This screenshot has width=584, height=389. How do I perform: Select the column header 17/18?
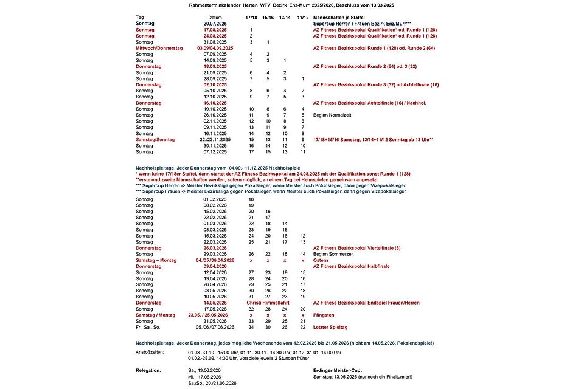pos(251,17)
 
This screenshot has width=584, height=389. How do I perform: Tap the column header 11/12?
pos(302,17)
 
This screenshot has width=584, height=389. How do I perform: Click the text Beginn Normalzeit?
pos(332,115)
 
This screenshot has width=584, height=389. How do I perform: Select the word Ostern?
pos(320,260)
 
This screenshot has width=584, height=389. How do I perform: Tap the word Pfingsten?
pos(324,315)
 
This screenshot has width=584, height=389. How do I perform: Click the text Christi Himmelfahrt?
pos(268,303)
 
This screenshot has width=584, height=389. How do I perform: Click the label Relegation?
pos(149,370)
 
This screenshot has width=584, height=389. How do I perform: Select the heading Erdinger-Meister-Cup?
pos(337,370)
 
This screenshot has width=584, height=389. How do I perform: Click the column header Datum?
pos(215,17)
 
